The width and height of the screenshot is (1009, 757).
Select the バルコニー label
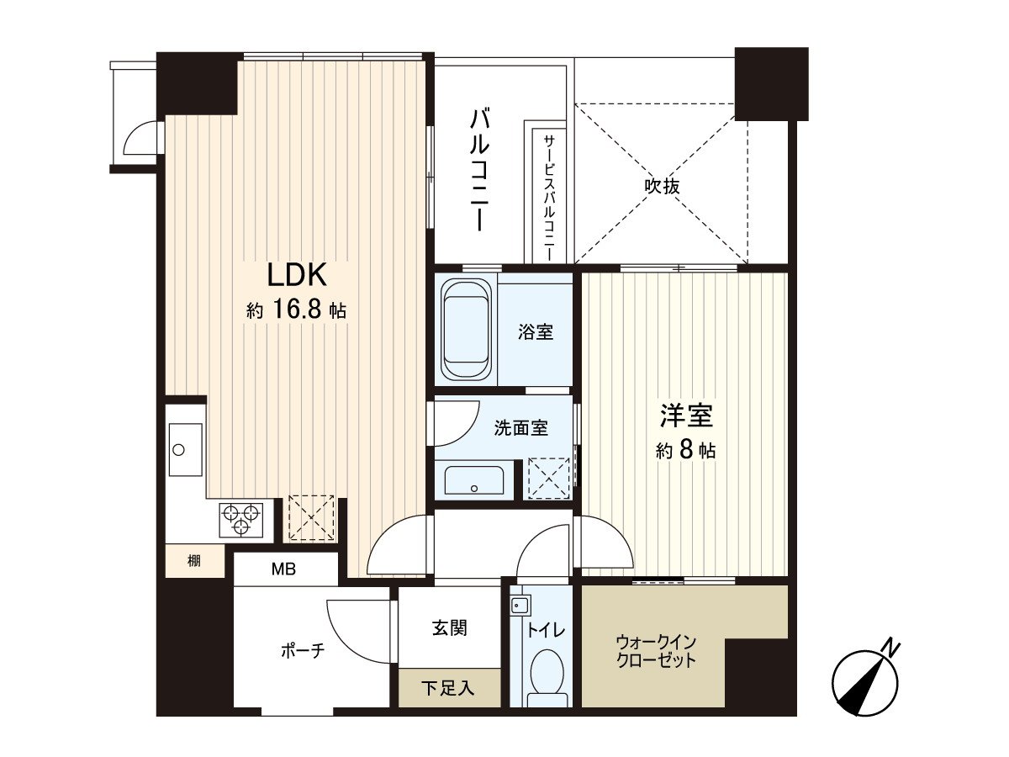pos(478,168)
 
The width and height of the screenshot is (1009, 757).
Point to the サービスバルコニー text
pos(548,195)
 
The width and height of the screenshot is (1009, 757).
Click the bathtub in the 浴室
pos(466,330)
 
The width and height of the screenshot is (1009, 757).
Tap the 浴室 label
pos(536,332)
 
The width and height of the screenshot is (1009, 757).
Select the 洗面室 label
pos(520,428)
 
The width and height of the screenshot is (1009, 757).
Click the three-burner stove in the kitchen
pos(241,518)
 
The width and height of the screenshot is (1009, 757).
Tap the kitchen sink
pos(185,450)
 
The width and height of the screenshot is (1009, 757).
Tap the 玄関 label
pos(450,627)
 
